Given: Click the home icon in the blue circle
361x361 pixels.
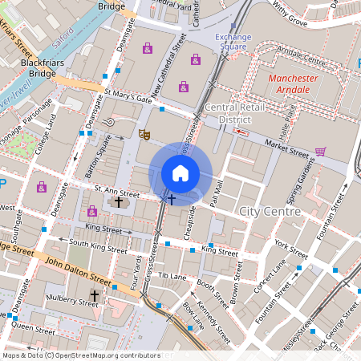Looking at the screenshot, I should [x=180, y=173].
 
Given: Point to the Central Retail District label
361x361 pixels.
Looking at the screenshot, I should [x=233, y=113].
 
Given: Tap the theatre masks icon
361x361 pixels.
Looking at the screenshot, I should [x=144, y=134].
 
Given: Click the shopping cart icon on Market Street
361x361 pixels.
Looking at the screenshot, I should [x=320, y=151].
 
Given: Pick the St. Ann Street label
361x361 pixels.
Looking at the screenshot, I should [x=117, y=193].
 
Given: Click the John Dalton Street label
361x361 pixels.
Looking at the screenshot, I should [x=77, y=271].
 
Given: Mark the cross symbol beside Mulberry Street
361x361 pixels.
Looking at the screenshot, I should [x=94, y=296].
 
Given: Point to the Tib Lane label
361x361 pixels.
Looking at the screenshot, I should [x=172, y=275].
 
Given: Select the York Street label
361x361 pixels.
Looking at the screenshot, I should [x=290, y=243].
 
